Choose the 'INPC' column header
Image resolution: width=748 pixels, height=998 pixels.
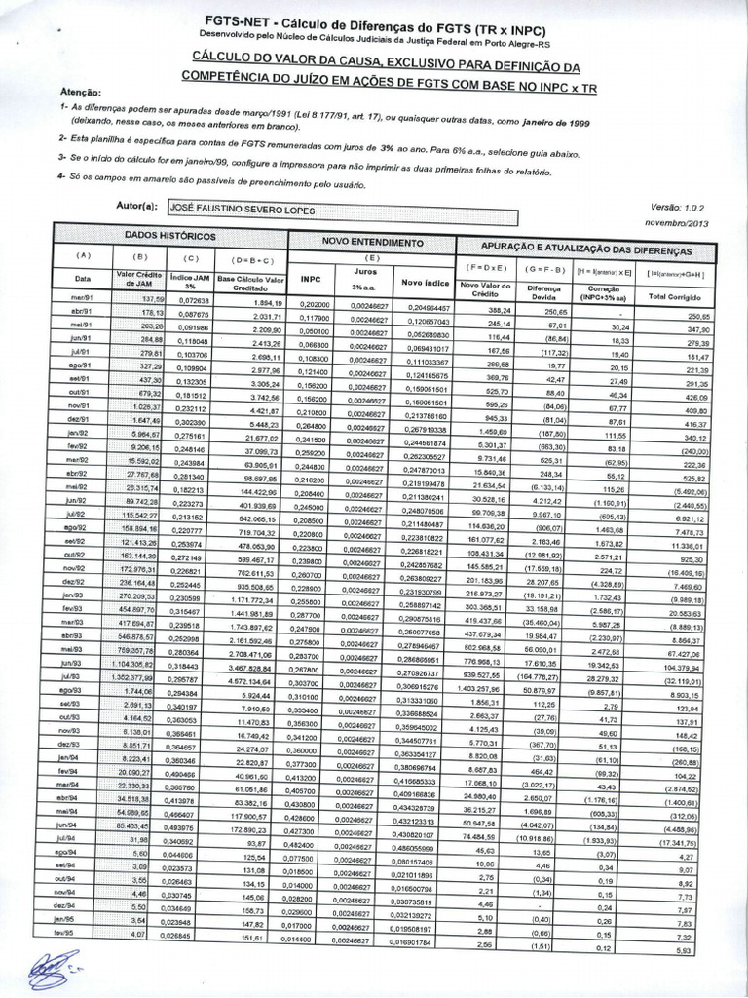(311, 277)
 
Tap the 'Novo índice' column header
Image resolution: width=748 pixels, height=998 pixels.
(424, 283)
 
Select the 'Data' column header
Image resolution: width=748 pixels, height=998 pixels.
(83, 278)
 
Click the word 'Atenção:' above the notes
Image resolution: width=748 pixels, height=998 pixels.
(81, 91)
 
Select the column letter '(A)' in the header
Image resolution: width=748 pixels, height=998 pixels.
(83, 255)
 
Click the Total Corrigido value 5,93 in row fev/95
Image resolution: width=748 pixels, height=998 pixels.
(687, 950)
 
